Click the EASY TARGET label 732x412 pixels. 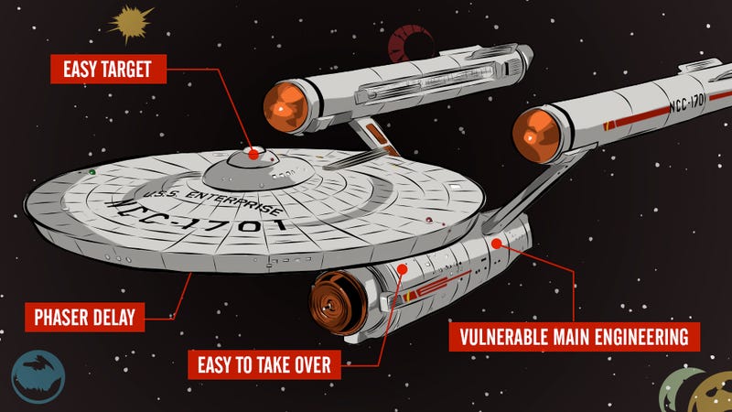108,70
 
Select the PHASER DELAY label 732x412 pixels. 84,317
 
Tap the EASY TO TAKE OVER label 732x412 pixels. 264,364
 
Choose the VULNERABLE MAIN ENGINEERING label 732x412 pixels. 575,337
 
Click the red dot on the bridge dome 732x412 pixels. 253,154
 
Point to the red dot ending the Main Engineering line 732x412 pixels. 496,243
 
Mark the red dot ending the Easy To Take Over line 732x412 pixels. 402,269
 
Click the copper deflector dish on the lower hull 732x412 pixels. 338,302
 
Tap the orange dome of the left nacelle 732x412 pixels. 285,107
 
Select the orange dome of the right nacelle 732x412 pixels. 536,135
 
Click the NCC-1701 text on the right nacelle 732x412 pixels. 686,103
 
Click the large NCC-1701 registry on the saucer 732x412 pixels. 196,217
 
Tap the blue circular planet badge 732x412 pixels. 38,376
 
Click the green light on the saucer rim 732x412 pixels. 92,172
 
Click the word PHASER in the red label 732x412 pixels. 60,317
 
